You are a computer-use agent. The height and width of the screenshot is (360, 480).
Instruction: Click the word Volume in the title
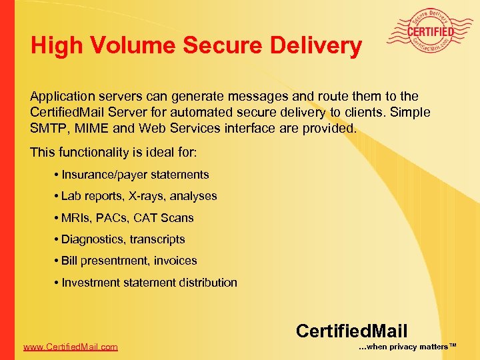[x=135, y=45]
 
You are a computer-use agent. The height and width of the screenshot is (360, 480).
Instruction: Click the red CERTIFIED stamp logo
[x=431, y=31]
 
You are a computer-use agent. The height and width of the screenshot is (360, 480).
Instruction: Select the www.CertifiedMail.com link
[x=70, y=347]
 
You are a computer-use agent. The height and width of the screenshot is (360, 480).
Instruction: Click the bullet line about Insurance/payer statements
[x=135, y=175]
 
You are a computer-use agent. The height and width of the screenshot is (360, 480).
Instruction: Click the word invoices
[x=175, y=261]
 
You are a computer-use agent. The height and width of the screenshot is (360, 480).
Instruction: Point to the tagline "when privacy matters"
[x=407, y=347]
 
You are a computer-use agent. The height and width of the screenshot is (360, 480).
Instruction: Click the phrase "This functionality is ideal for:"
[x=113, y=153]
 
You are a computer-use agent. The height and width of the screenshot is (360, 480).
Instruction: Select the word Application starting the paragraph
[x=62, y=97]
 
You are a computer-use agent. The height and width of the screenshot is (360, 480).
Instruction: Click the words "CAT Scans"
[x=175, y=218]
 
